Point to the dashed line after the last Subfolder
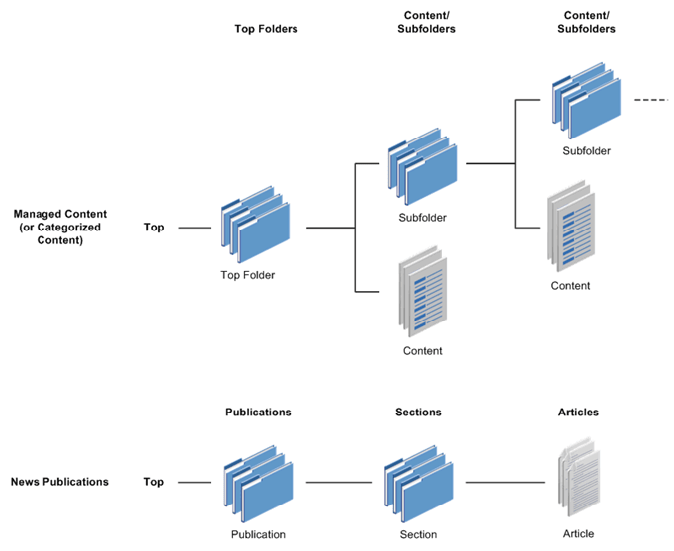651,101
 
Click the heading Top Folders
266,29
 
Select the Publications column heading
258,412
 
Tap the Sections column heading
418,412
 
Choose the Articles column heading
578,412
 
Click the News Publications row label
59,482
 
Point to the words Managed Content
60,213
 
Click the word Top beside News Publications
154,482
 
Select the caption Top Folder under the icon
248,275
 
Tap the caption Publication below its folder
258,534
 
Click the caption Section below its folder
418,534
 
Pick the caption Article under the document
578,534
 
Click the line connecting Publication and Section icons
338,483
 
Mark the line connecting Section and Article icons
504,483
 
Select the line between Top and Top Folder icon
195,228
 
